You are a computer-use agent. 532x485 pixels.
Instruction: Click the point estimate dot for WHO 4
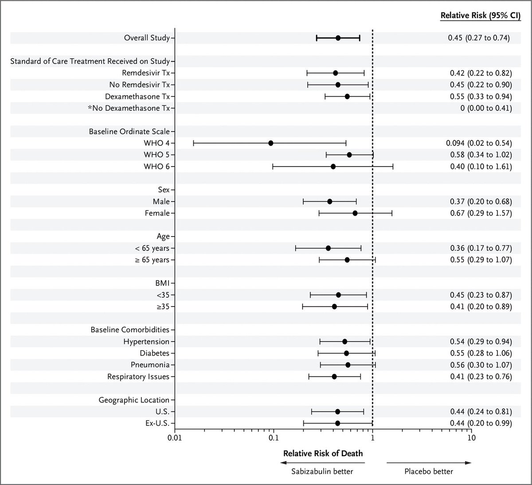coord(270,143)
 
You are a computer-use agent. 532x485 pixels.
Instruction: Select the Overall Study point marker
coord(338,38)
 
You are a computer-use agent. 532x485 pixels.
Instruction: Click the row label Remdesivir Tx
coord(146,73)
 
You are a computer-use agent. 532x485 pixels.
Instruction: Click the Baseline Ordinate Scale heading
coord(129,132)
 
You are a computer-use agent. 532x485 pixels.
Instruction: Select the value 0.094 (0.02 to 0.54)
coord(478,143)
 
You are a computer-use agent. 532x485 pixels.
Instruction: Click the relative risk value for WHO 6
coord(480,167)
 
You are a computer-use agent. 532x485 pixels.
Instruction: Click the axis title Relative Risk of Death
coord(323,453)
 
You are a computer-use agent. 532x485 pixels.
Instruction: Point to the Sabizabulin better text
coord(322,471)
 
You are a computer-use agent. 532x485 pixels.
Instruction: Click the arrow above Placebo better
coord(429,462)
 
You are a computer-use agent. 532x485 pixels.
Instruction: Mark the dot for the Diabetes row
coord(346,353)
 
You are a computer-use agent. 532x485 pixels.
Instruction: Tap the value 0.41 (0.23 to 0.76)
coord(480,376)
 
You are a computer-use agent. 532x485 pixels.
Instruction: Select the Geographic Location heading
coord(134,400)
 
